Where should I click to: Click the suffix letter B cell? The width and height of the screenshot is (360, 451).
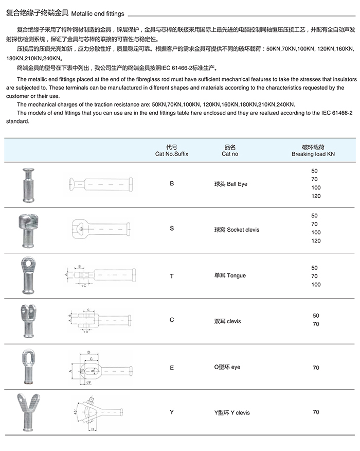[172, 183]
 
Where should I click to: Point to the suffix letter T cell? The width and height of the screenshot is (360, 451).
[172, 276]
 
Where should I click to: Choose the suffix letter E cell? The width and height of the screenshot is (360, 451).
[172, 368]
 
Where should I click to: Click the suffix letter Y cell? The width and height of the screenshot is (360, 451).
[172, 412]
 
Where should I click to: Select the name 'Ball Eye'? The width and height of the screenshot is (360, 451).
[230, 184]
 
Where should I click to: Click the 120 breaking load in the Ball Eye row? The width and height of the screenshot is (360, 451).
[316, 196]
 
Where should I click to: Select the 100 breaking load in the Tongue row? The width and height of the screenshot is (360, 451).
[316, 285]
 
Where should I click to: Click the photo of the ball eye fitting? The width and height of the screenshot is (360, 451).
[26, 184]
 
